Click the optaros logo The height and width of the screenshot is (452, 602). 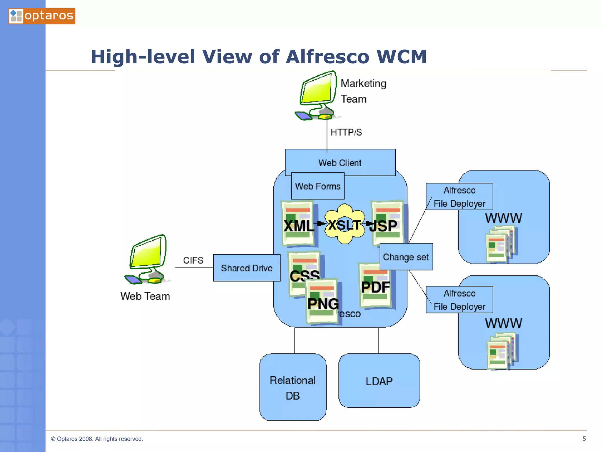coord(42,16)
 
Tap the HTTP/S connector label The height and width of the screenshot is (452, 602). coord(346,132)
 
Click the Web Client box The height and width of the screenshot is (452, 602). coord(340,162)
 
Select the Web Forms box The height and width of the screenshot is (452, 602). coord(317,186)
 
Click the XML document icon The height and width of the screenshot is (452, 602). coord(298,224)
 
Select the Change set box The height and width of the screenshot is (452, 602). coord(406,257)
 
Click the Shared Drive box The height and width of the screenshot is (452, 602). coord(247,268)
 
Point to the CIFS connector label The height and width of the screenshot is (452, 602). coord(193,260)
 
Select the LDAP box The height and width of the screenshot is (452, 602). coord(379,381)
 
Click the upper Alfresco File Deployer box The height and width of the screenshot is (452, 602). coord(459,197)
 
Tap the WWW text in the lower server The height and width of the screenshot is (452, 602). coord(504,323)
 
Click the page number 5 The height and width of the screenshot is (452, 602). coord(584,439)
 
